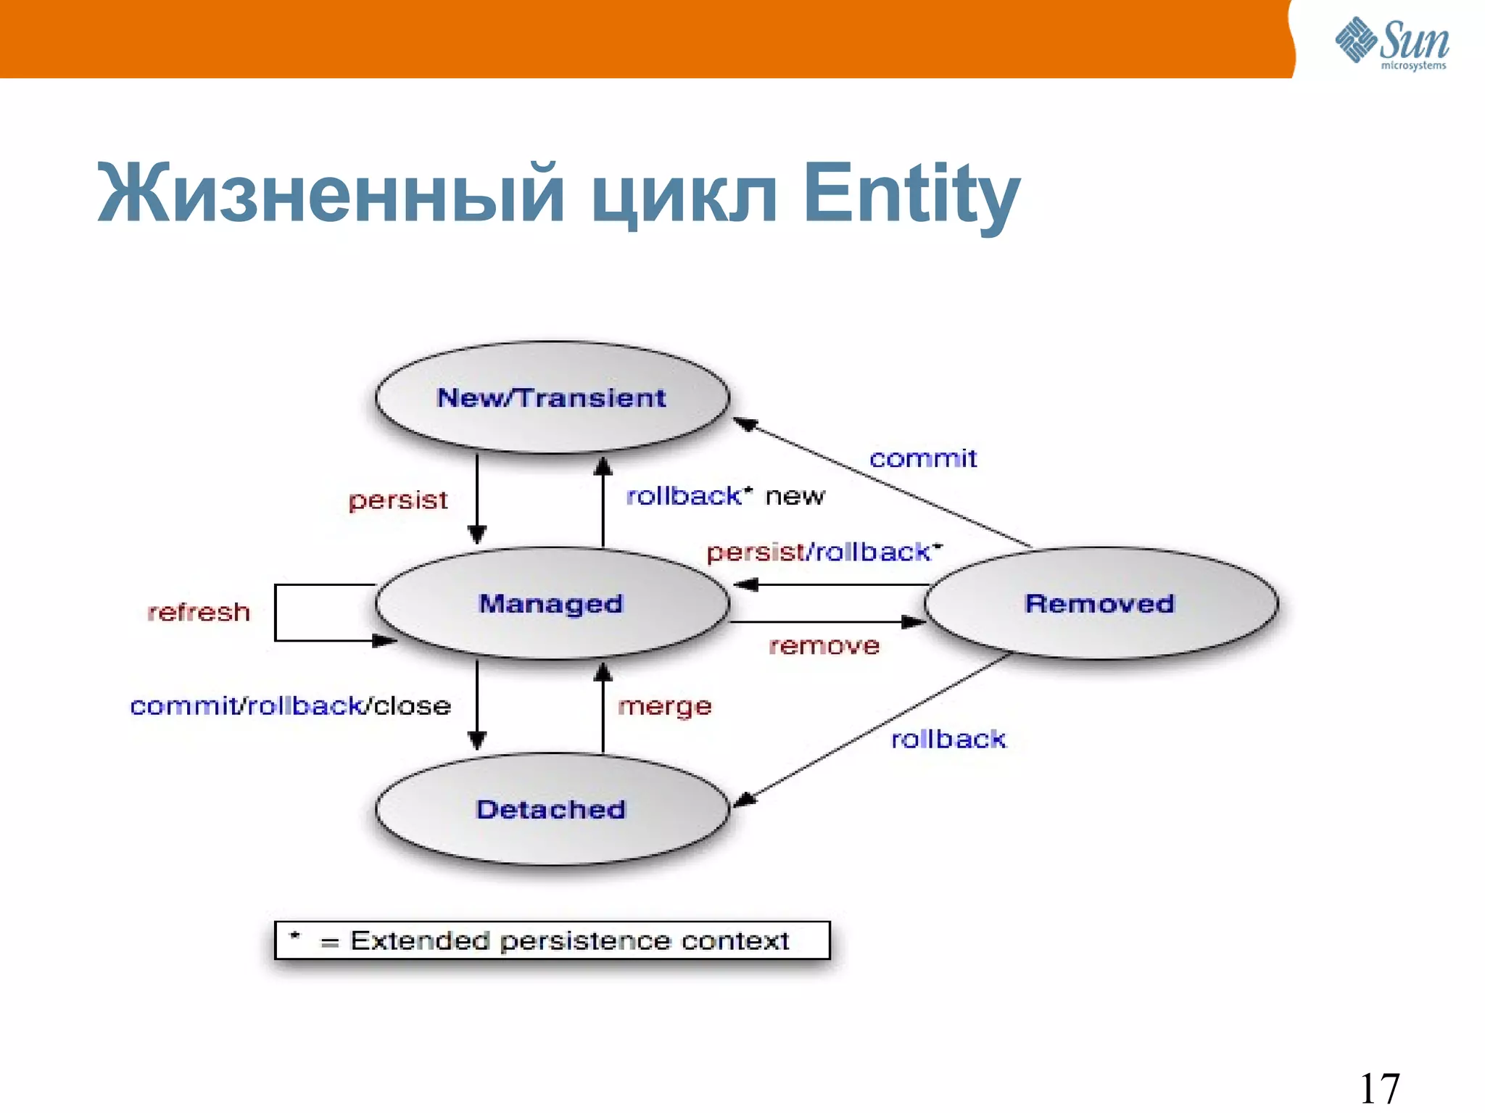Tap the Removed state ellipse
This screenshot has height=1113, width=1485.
1100,603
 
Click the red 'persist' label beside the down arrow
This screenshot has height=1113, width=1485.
398,500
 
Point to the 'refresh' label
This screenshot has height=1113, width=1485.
199,612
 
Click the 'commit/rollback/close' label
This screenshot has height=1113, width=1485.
290,706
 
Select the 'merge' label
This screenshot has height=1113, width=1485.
665,706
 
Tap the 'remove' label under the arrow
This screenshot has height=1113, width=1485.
824,645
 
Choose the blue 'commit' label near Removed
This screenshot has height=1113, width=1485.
923,458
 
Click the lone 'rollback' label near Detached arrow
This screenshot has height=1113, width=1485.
948,739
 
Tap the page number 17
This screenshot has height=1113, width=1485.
1379,1088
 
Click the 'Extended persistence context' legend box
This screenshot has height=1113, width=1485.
553,940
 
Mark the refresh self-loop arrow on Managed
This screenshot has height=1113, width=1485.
276,613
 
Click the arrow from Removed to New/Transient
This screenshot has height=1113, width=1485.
881,483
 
